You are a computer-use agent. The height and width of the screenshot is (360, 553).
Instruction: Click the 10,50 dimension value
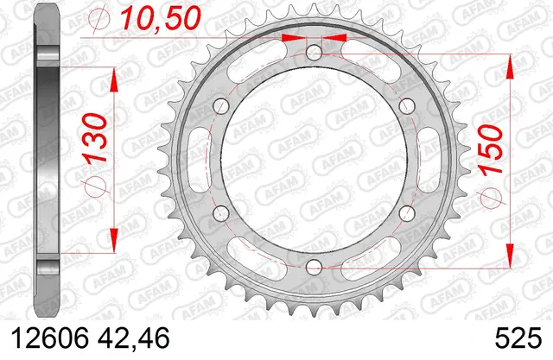tap(161, 17)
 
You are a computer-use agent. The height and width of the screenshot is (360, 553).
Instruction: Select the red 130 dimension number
tap(94, 137)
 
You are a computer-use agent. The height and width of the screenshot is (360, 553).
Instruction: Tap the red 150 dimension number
tap(490, 149)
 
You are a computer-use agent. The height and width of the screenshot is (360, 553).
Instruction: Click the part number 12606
tap(50, 338)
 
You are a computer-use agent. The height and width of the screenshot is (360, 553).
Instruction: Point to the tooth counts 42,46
tap(134, 338)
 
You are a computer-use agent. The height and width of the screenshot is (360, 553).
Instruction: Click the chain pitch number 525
tap(518, 338)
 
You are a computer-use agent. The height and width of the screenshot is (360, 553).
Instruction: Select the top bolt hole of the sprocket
tap(314, 53)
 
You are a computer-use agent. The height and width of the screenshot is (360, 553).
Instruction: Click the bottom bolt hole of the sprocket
tap(314, 268)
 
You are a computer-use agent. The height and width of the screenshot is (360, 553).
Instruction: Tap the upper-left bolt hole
tap(221, 106)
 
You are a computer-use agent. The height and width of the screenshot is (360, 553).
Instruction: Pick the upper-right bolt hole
tap(407, 106)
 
